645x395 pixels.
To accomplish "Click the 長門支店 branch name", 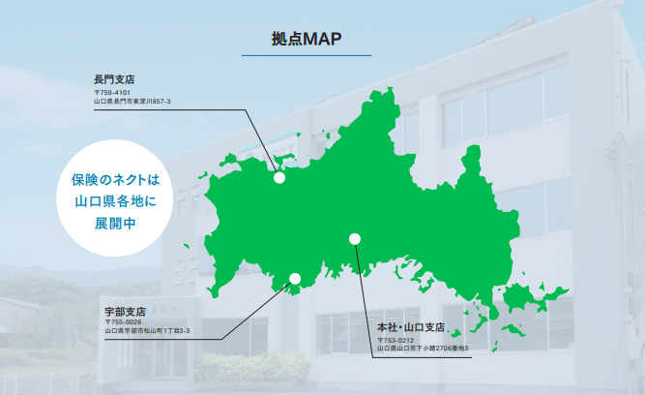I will pos(113,76).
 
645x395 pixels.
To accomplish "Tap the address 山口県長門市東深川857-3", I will pos(132,100).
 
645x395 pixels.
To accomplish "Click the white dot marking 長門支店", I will pos(279,177).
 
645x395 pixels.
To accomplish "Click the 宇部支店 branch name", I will pos(125,312).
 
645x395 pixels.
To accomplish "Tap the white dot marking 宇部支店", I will pos(295,279).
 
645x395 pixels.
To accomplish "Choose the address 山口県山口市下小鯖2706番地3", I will pos(423,349).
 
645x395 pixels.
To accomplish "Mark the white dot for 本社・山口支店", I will pos(355,238).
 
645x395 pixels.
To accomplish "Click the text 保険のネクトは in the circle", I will pos(113,181).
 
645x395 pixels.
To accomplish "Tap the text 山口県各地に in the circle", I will pos(113,201).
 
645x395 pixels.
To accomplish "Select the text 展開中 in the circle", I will pos(113,222).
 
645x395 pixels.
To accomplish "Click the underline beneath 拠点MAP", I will pos(306,56).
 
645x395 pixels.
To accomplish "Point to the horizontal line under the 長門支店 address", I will pos(155,108).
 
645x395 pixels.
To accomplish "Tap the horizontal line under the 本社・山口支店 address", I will pos(425,356).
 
